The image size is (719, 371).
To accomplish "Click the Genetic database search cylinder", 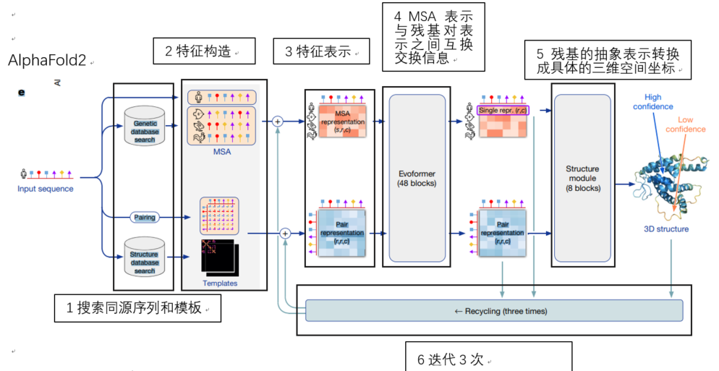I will tap(144, 127).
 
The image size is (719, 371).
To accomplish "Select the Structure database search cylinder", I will tap(144, 257).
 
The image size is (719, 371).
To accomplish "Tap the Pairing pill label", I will tap(145, 216).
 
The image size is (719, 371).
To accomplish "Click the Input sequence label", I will tap(46, 189).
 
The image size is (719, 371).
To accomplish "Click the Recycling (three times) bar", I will tap(494, 311).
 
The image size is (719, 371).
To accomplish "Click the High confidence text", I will tap(652, 102).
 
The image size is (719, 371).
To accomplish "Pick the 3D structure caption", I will tap(666, 229).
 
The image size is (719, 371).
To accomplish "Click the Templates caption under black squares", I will tap(220, 283).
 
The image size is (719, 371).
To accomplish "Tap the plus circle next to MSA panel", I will tap(276, 121).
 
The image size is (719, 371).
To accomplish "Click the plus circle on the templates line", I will tap(284, 233).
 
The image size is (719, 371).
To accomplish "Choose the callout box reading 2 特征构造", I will tap(205, 51).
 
